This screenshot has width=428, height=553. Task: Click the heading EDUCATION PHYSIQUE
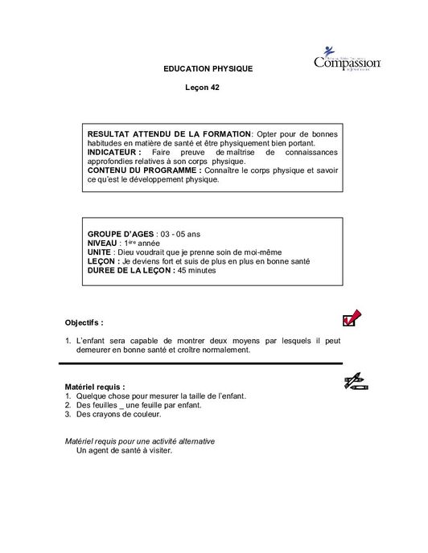tap(208, 69)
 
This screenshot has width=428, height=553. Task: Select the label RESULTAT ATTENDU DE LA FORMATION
tap(169, 133)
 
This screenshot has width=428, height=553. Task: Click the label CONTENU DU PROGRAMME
tap(143, 170)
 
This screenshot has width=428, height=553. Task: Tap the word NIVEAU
tap(102, 242)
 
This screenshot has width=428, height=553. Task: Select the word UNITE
tap(100, 252)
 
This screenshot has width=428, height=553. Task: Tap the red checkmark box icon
tap(351, 319)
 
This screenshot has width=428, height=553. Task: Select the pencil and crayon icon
tap(354, 382)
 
